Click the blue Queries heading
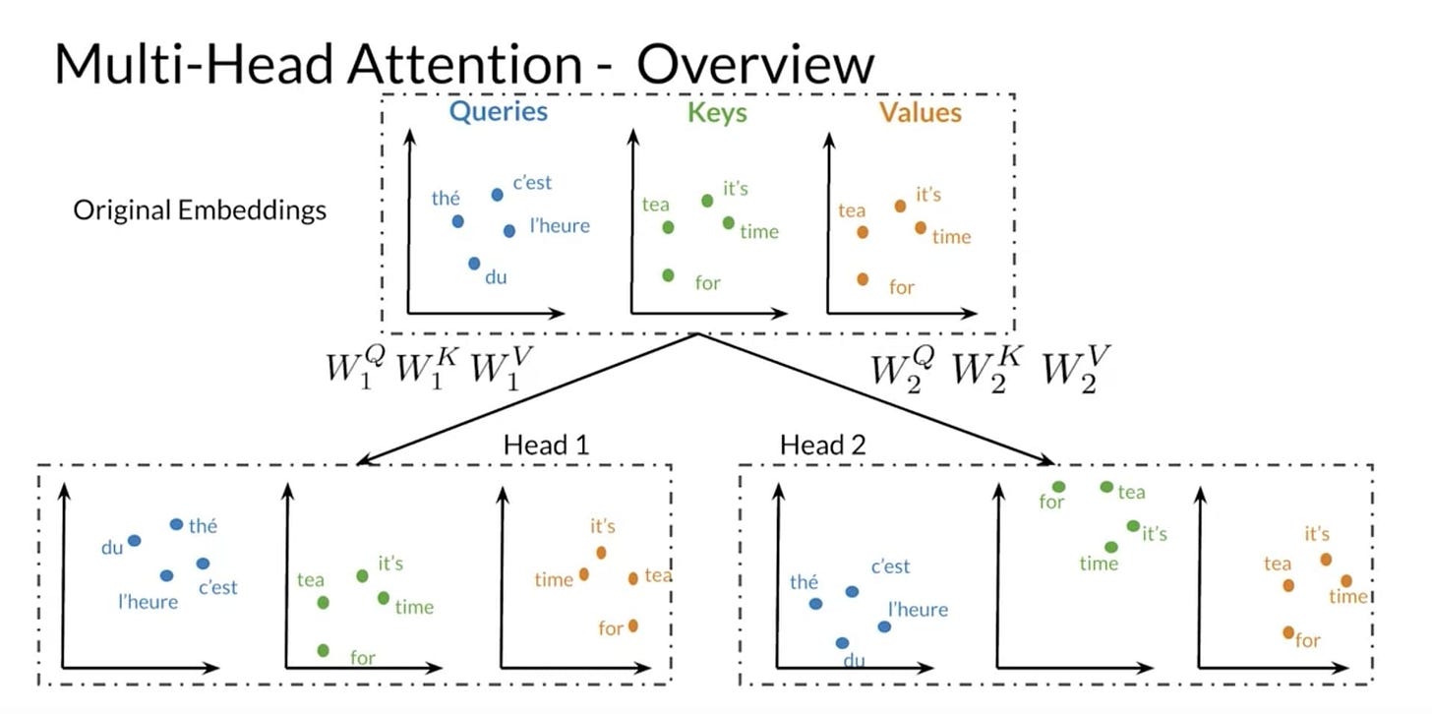[498, 111]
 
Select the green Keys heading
[717, 112]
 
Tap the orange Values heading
[921, 112]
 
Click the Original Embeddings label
[200, 210]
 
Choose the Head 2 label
[822, 445]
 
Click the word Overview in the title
[754, 64]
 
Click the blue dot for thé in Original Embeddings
[457, 221]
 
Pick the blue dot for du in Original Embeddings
[474, 264]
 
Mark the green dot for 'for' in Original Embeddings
[668, 275]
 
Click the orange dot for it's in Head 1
[602, 552]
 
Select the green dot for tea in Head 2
[1106, 487]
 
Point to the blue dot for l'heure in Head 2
[884, 626]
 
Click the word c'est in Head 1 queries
[217, 588]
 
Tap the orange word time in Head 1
[554, 580]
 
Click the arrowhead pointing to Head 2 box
[1047, 459]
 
